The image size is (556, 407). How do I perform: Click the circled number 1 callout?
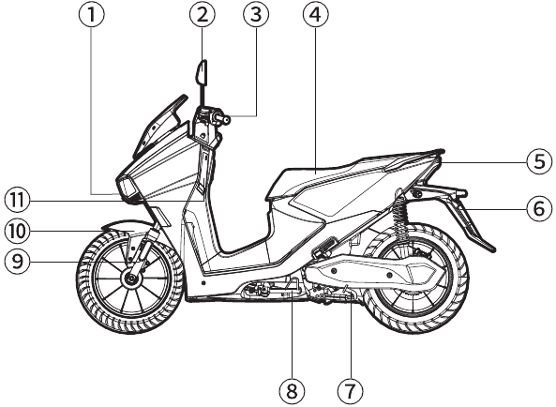click(x=92, y=15)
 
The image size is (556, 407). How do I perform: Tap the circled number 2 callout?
click(x=203, y=15)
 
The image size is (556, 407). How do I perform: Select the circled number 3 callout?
click(x=256, y=15)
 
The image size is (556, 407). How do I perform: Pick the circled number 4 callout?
click(x=316, y=15)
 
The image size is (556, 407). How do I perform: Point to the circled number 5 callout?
click(x=539, y=161)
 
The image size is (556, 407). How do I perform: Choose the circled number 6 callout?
click(x=539, y=208)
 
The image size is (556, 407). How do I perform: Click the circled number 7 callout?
click(x=351, y=391)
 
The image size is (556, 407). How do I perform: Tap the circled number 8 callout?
click(x=292, y=391)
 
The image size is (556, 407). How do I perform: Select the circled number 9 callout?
click(x=18, y=262)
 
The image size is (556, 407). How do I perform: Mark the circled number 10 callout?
click(x=18, y=231)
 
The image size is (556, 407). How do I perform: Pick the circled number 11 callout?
click(x=18, y=201)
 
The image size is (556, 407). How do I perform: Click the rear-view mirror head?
click(x=202, y=73)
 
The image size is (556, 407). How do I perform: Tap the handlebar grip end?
click(x=224, y=120)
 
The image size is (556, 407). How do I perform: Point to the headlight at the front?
click(x=127, y=188)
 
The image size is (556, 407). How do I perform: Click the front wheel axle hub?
click(x=130, y=279)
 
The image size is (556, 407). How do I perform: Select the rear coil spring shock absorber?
click(x=401, y=215)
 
